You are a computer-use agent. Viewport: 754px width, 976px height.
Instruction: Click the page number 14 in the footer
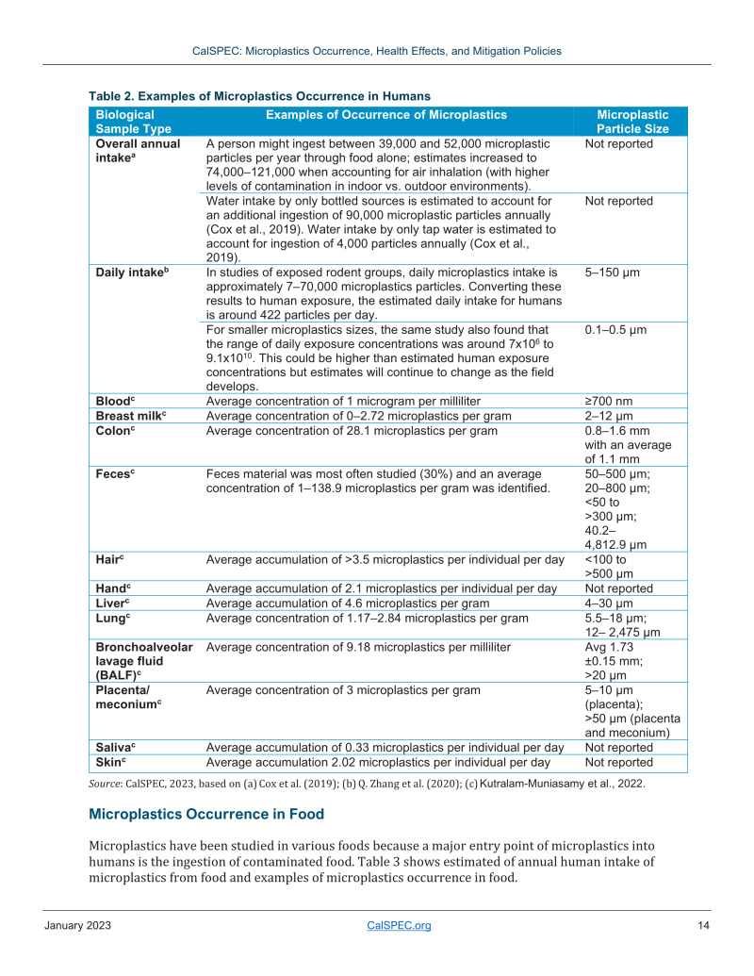pyautogui.click(x=703, y=926)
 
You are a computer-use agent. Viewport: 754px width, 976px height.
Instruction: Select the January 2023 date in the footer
pyautogui.click(x=78, y=926)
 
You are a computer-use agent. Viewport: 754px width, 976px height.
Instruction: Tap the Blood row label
pyautogui.click(x=116, y=401)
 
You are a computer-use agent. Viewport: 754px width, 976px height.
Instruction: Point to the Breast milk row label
pyautogui.click(x=131, y=415)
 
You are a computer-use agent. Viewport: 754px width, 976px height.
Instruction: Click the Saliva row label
pyautogui.click(x=118, y=748)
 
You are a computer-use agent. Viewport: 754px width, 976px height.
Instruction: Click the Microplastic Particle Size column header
pyautogui.click(x=632, y=122)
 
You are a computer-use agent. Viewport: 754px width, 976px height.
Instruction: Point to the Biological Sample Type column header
pyautogui.click(x=133, y=122)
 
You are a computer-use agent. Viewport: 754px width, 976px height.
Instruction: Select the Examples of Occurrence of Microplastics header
pyautogui.click(x=386, y=115)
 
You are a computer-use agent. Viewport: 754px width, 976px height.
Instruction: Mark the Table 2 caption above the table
pyautogui.click(x=259, y=96)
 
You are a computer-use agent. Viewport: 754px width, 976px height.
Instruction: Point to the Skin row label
pyautogui.click(x=112, y=762)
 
